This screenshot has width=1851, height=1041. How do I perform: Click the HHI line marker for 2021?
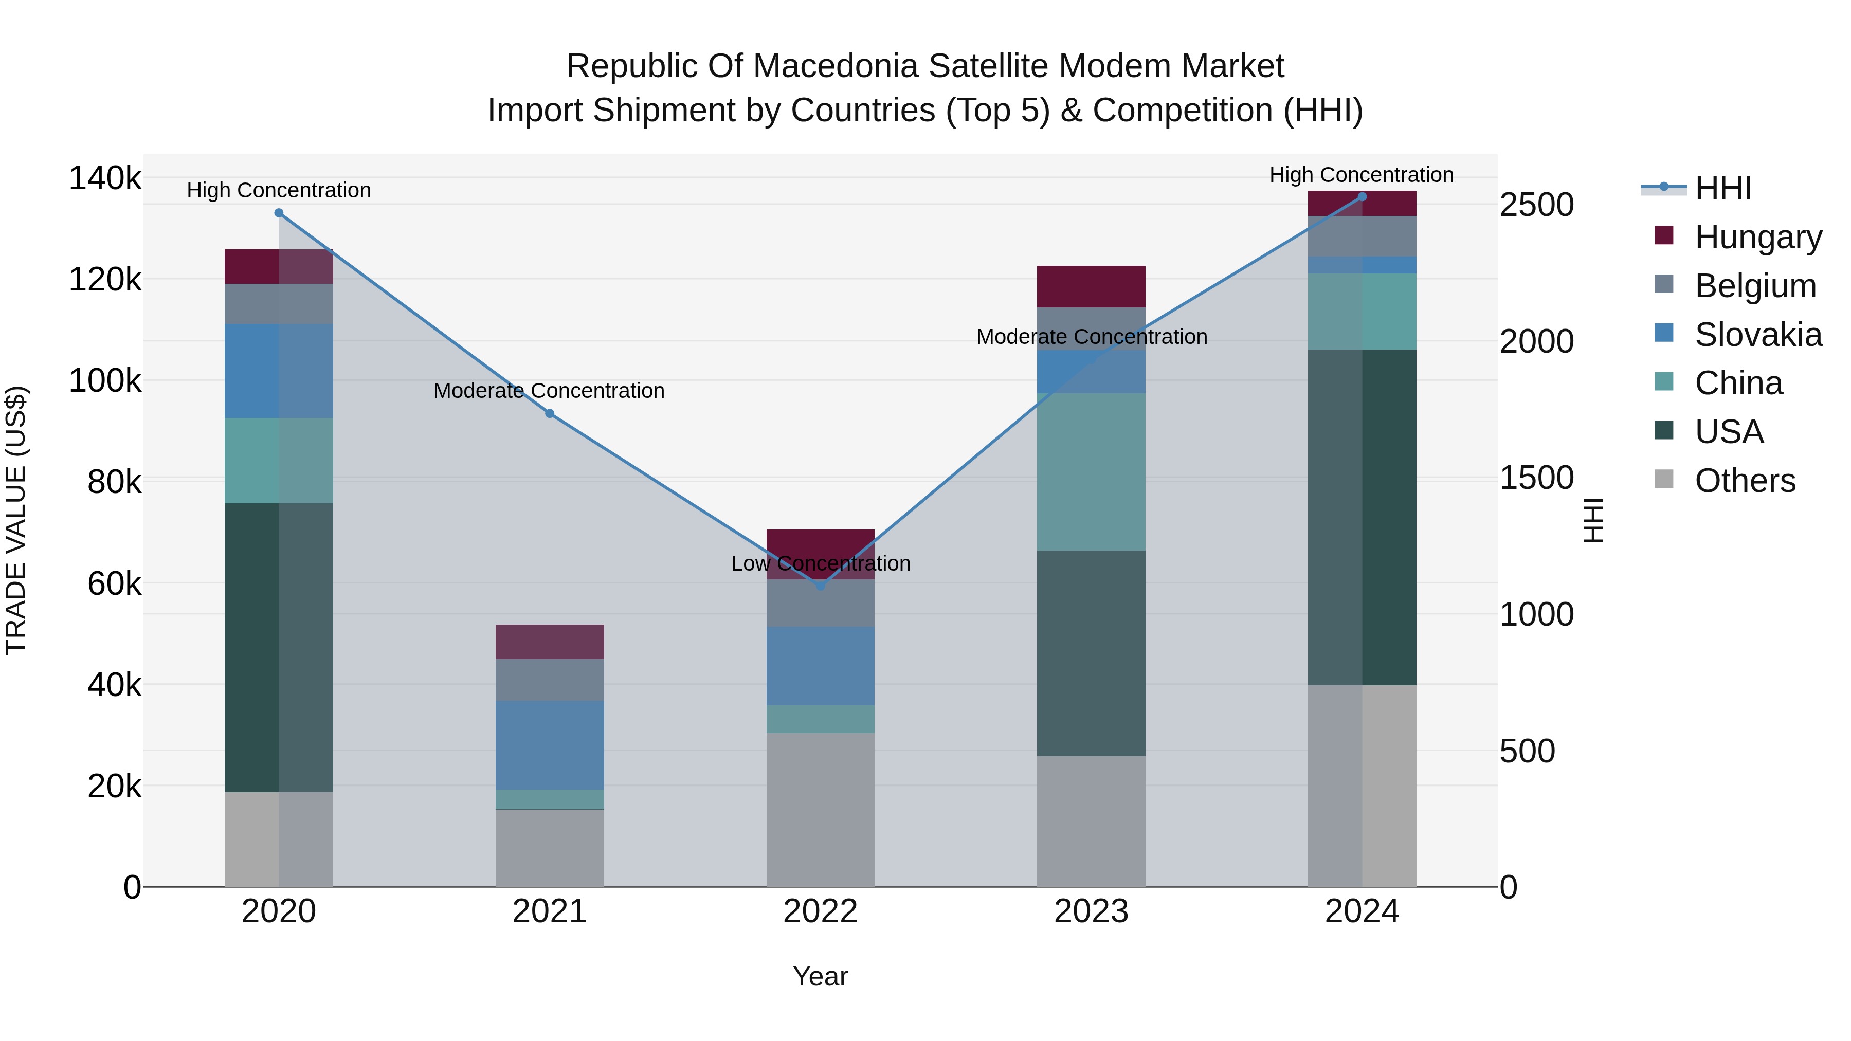[550, 414]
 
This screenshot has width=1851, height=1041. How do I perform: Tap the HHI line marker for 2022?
[821, 586]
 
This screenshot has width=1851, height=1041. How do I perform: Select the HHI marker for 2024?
[1362, 197]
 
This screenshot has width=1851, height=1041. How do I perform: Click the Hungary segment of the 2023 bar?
[1091, 287]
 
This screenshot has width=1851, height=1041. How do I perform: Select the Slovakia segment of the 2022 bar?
[821, 665]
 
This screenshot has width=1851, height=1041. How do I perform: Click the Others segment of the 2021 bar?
[550, 848]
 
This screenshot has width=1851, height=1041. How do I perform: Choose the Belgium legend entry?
[1755, 286]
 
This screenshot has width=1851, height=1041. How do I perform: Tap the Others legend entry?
[1745, 481]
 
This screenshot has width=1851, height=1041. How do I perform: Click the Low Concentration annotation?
[821, 564]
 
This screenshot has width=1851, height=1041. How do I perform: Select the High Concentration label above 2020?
[279, 190]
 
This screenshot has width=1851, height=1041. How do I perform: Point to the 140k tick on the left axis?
[105, 178]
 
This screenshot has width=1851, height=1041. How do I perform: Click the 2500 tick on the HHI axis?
[1536, 205]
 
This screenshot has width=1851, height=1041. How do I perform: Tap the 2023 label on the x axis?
[1091, 911]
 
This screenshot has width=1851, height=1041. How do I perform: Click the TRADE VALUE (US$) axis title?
[16, 520]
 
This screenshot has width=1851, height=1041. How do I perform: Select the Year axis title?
[821, 976]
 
